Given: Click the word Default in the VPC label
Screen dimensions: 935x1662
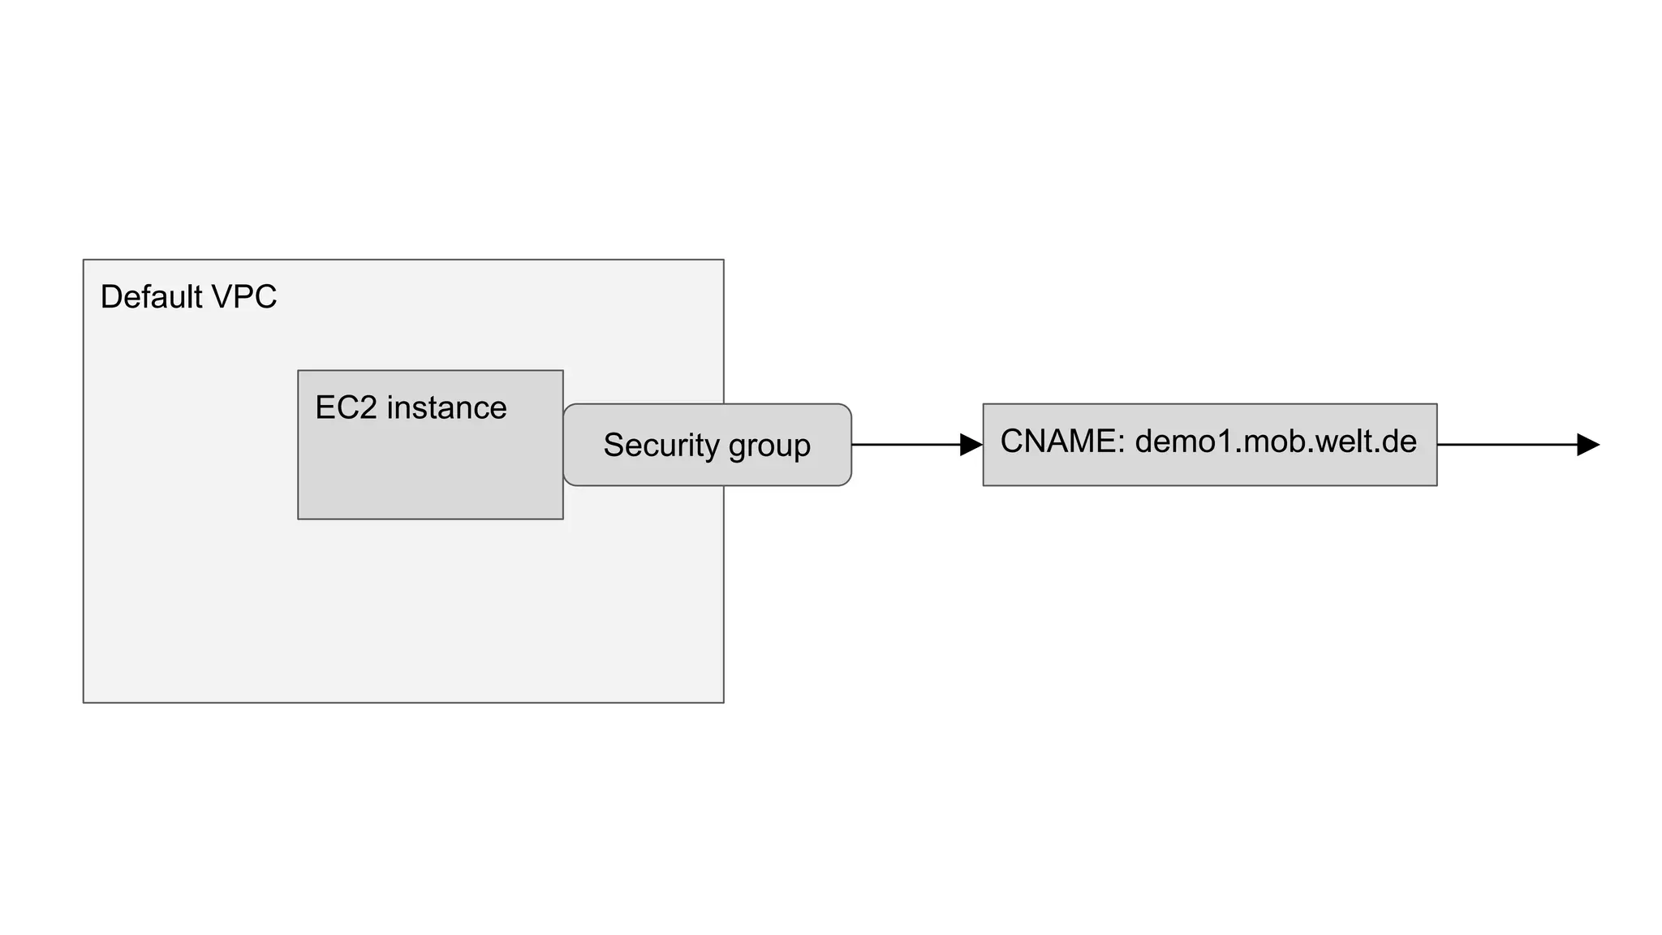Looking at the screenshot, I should [x=151, y=297].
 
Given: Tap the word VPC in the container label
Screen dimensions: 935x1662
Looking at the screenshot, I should [x=244, y=297].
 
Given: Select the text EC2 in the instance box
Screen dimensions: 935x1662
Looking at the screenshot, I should [x=346, y=407].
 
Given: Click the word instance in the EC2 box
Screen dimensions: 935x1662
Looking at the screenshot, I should [x=446, y=407].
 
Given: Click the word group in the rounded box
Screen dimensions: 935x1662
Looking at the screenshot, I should [x=769, y=446].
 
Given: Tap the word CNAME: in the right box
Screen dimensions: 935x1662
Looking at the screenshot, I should [x=1062, y=442].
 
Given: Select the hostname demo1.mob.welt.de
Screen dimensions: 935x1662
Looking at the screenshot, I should [x=1276, y=442].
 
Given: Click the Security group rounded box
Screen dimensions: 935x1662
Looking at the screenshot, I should [x=707, y=471].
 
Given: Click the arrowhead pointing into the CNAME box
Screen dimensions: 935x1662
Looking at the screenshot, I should [x=971, y=445].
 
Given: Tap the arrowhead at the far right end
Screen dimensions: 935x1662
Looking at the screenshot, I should [x=1587, y=445].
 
